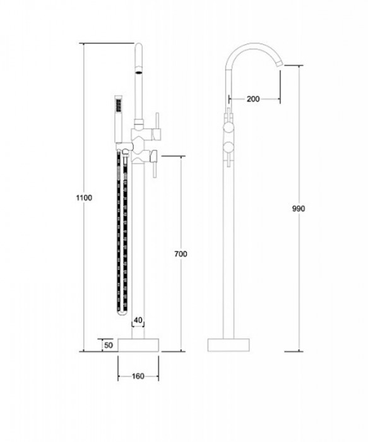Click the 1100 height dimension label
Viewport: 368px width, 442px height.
84,198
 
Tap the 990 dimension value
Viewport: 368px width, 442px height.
299,209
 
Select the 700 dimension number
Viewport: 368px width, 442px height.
181,254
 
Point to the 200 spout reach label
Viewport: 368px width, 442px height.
253,99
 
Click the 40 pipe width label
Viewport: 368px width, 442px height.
138,320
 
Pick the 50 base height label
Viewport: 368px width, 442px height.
109,345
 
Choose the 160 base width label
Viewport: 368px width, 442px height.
138,376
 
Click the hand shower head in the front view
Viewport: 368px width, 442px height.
118,105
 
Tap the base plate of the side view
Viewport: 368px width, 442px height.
229,345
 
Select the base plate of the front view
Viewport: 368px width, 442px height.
138,345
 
